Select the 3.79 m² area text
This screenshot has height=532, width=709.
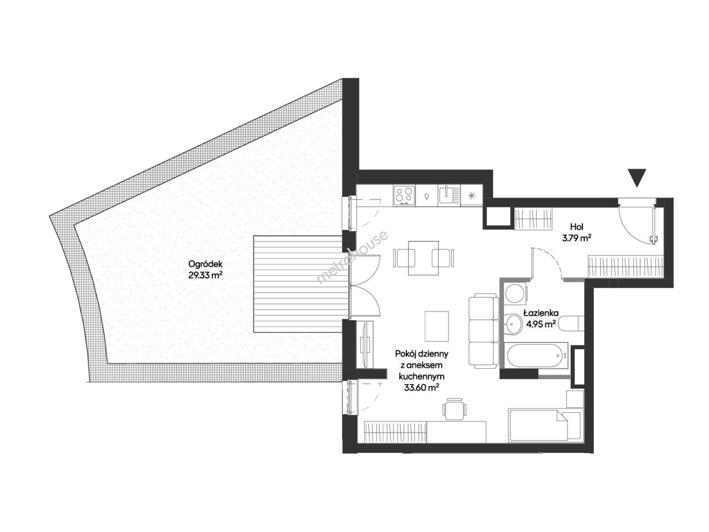pyautogui.click(x=576, y=238)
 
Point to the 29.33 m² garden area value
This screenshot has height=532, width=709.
pyautogui.click(x=205, y=275)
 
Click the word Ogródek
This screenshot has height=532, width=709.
pyautogui.click(x=205, y=264)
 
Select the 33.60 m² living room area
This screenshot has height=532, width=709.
pyautogui.click(x=421, y=387)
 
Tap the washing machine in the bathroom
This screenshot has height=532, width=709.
pyautogui.click(x=513, y=293)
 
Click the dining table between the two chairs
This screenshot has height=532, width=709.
pyautogui.click(x=423, y=258)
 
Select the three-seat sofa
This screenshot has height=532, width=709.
pyautogui.click(x=483, y=331)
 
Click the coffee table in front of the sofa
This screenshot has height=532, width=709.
pyautogui.click(x=437, y=326)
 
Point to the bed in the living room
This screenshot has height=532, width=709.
pyautogui.click(x=545, y=425)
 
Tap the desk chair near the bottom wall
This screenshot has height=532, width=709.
pyautogui.click(x=454, y=409)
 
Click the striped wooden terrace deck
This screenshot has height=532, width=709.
pyautogui.click(x=298, y=284)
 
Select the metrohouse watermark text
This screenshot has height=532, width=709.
pyautogui.click(x=353, y=257)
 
